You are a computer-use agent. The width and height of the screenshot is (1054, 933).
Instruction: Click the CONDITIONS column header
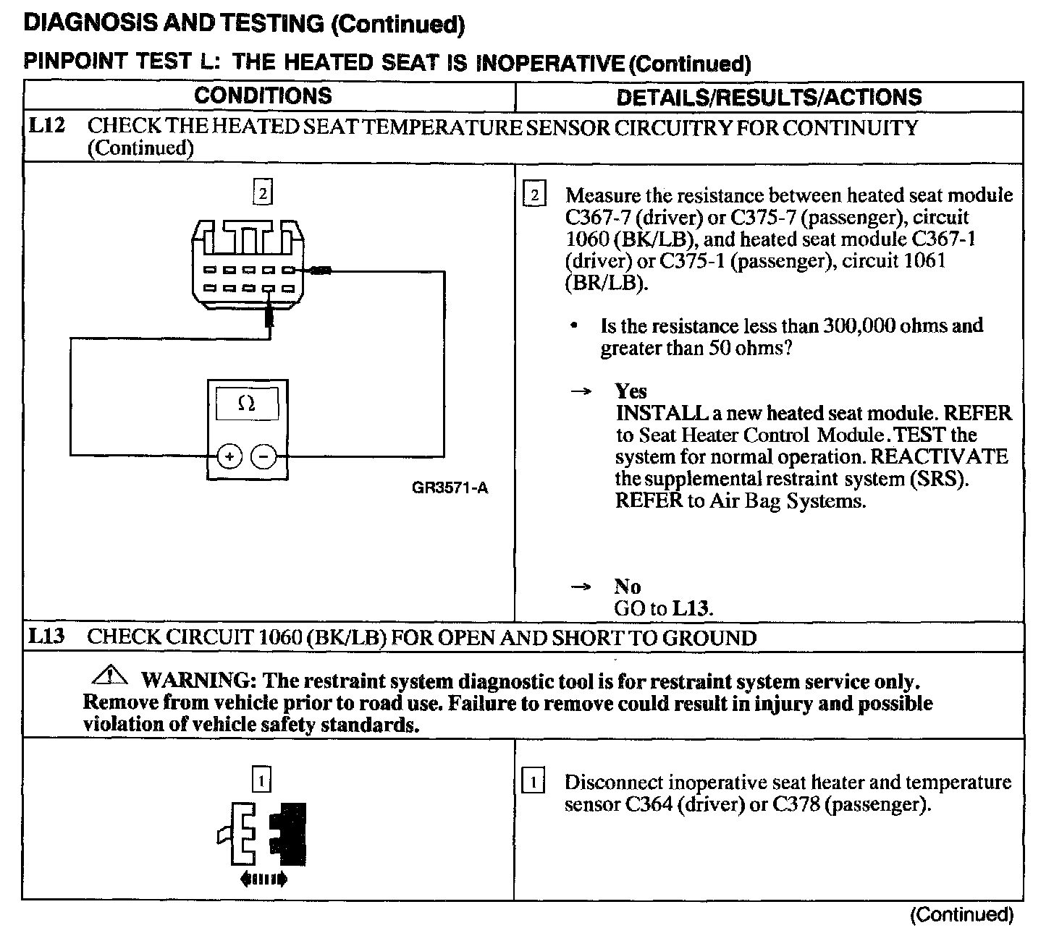pos(263,96)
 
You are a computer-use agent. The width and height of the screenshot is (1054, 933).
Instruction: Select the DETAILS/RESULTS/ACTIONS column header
pos(769,98)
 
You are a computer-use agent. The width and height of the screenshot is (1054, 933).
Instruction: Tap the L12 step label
pos(47,127)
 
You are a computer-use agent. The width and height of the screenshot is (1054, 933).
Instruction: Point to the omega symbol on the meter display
pos(246,404)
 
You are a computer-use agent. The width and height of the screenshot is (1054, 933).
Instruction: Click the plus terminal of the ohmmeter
pos(229,456)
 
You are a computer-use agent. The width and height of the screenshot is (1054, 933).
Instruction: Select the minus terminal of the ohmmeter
pos(263,456)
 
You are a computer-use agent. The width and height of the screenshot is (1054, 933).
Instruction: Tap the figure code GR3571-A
pos(450,488)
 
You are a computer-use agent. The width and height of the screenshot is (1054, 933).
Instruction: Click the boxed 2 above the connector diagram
pos(262,192)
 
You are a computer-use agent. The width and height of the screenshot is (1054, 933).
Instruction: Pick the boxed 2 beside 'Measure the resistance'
pos(533,195)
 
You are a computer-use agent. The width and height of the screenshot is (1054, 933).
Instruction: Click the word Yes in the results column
pos(631,391)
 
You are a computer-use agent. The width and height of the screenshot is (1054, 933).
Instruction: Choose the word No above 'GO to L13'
pos(628,587)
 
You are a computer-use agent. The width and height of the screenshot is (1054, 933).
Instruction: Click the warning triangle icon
pos(110,678)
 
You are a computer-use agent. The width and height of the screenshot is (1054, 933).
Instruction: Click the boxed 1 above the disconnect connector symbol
pos(261,780)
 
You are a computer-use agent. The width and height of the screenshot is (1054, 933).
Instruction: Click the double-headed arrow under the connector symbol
pos(262,879)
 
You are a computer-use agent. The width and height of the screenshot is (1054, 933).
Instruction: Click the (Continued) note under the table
pos(961,915)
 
